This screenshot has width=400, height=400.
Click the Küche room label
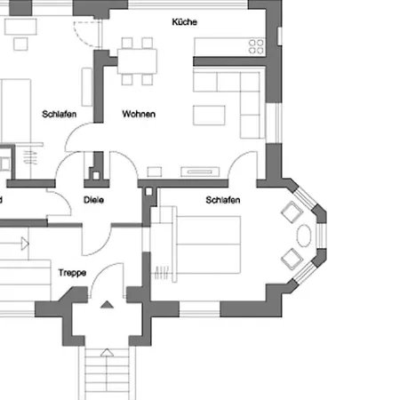click(184, 22)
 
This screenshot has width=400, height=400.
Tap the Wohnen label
click(139, 114)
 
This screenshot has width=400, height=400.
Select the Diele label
click(93, 200)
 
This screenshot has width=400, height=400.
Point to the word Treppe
click(72, 273)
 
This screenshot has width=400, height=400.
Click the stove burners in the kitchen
click(256, 47)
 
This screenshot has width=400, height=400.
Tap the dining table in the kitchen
click(137, 61)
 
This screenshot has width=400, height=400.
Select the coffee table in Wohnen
click(209, 115)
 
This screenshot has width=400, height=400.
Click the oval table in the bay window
click(304, 236)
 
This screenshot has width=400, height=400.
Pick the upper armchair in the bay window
click(292, 212)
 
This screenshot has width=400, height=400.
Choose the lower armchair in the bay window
click(292, 259)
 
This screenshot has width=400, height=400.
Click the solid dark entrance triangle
click(107, 305)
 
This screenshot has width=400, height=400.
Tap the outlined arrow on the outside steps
click(107, 353)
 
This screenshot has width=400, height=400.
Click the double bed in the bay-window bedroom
click(208, 244)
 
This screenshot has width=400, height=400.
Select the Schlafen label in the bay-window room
click(223, 200)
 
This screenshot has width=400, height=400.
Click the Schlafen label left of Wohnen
click(60, 114)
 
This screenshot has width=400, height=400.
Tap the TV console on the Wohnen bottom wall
click(200, 172)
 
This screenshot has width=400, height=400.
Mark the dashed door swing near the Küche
click(86, 34)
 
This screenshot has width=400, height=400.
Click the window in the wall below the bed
click(199, 309)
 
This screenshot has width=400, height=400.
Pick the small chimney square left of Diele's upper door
click(96, 176)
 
